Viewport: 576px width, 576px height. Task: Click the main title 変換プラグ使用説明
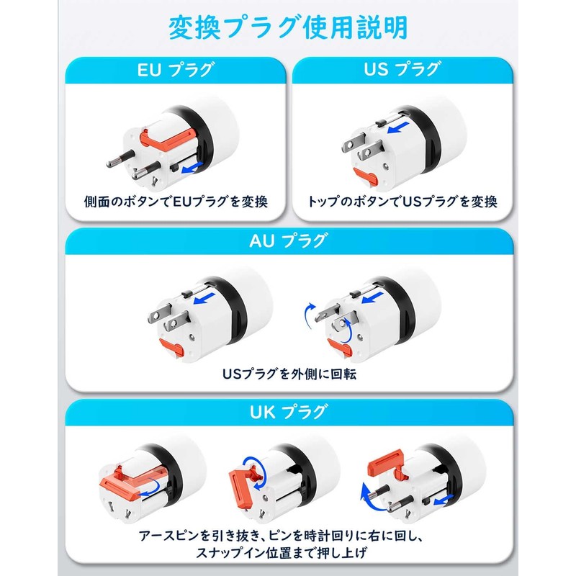click(x=288, y=27)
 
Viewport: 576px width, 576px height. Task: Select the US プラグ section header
click(x=400, y=70)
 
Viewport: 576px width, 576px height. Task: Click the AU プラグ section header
click(x=288, y=240)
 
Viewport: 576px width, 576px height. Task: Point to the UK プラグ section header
click(x=288, y=412)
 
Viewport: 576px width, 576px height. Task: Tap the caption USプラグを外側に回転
click(x=288, y=374)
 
